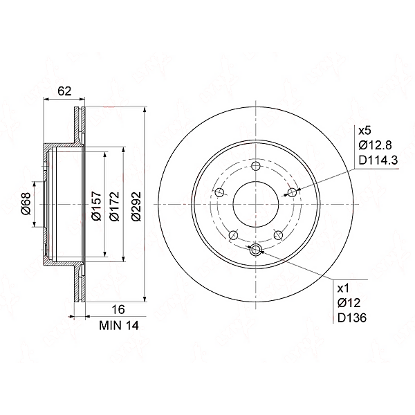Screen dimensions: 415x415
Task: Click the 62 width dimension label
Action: [65, 91]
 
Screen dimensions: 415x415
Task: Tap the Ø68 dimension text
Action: [26, 204]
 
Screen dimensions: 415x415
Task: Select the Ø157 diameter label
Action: [97, 206]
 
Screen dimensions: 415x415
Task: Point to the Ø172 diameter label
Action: [115, 206]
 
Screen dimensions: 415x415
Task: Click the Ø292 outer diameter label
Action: [136, 206]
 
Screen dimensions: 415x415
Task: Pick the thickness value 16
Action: [118, 309]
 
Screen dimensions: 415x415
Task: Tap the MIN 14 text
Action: [119, 326]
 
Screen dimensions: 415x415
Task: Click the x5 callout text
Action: [365, 131]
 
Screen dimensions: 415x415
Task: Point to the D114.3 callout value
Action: [378, 160]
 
